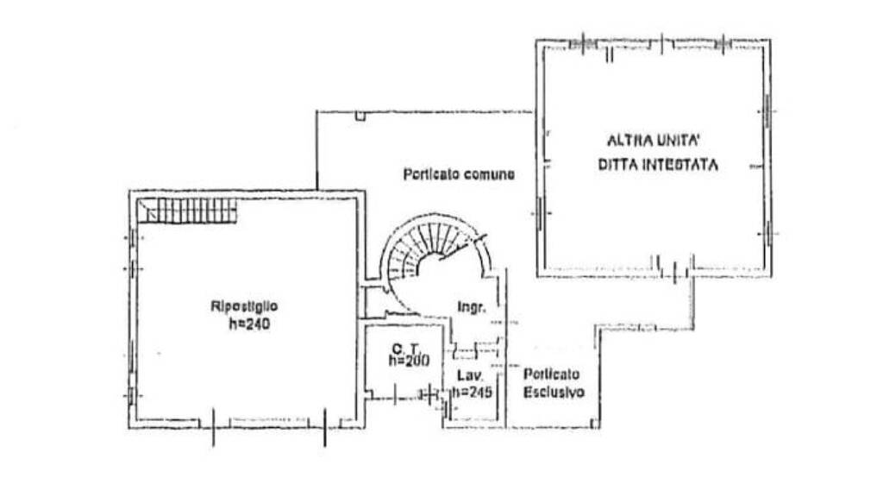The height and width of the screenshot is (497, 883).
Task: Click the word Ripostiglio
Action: click(244, 306)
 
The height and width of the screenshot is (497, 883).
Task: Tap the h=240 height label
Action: click(249, 324)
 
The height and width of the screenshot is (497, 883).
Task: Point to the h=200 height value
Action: click(410, 360)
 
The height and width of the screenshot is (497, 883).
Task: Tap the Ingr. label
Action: click(472, 308)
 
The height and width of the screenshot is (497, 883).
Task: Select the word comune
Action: click(490, 174)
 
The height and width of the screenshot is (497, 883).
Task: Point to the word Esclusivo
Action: click(554, 393)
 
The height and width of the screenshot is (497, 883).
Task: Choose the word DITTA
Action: click(616, 165)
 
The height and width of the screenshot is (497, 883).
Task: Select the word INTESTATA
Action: click(679, 165)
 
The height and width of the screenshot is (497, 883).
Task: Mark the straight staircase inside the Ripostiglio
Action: click(187, 211)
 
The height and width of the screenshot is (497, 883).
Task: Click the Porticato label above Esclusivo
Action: click(551, 374)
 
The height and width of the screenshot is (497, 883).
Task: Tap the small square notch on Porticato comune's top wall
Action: click(360, 116)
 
